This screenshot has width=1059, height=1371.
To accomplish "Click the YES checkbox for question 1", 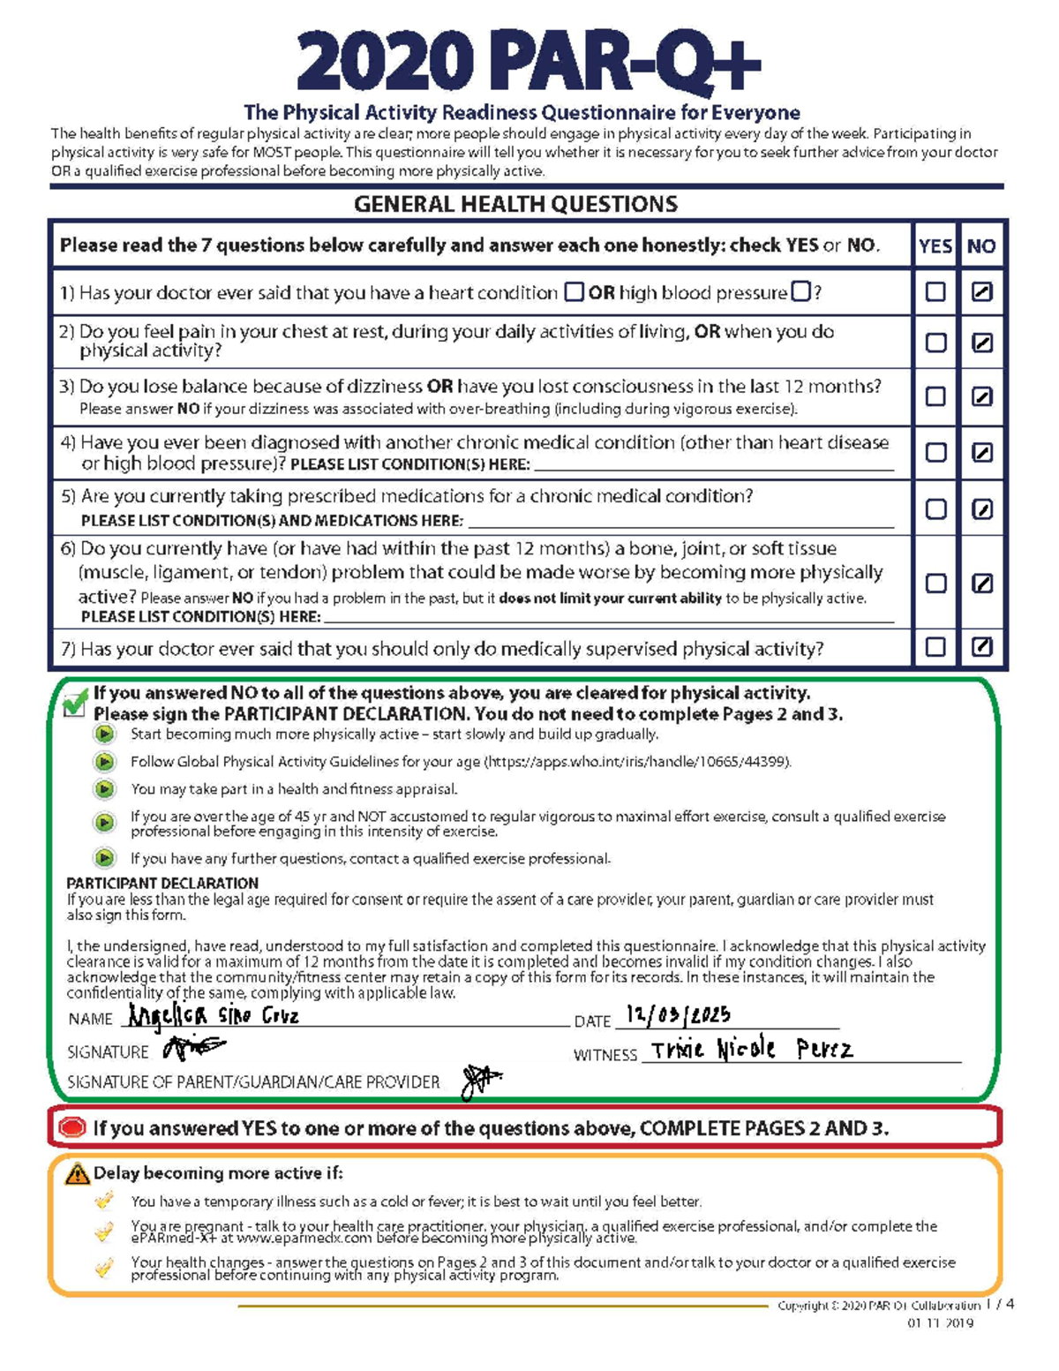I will [935, 292].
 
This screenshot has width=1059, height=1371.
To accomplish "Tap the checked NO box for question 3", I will [981, 397].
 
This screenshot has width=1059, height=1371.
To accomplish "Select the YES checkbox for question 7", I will [935, 647].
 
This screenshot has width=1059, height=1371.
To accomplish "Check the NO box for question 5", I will [981, 509].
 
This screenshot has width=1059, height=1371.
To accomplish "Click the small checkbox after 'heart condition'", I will [574, 291].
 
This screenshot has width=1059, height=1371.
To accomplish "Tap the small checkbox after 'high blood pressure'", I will [800, 291].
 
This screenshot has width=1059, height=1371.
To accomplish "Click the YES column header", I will [935, 246].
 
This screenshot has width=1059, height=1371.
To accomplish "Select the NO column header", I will [981, 246].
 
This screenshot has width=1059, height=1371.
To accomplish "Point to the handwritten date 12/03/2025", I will [678, 1015].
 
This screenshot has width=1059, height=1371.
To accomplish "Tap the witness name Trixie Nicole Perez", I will [751, 1050].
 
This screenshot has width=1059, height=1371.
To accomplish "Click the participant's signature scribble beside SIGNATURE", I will [194, 1048].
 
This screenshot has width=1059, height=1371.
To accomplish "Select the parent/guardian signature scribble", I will [480, 1081].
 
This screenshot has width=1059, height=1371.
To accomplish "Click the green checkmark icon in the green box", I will [76, 704].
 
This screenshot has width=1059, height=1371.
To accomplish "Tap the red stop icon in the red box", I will [72, 1127].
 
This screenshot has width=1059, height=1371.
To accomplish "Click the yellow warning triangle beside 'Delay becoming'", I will [78, 1174].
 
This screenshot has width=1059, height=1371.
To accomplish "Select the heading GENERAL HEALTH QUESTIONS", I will [515, 205].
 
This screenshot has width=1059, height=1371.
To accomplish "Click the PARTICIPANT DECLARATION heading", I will [162, 883].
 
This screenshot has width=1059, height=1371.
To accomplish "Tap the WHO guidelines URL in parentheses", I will [636, 762].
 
